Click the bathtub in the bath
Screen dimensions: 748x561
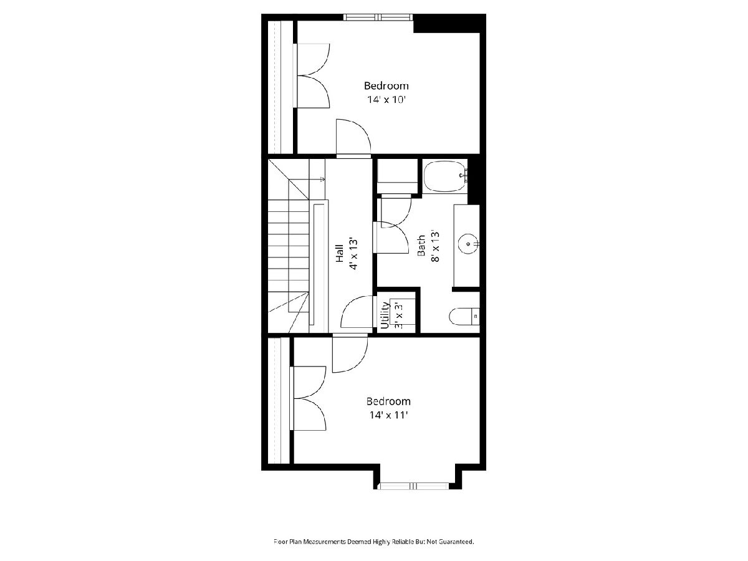(x=444, y=176)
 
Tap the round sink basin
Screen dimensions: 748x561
(x=469, y=244)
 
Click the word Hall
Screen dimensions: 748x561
(x=340, y=254)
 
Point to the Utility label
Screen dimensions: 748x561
(x=385, y=315)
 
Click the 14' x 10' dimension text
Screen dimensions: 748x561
(x=386, y=100)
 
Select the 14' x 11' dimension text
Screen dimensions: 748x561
(x=388, y=415)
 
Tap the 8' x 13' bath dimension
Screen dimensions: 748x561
(x=435, y=247)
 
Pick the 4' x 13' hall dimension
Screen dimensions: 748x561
(x=353, y=254)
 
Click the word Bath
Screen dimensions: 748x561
(x=421, y=245)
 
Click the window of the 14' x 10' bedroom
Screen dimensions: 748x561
(x=378, y=17)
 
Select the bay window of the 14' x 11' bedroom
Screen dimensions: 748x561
(x=415, y=486)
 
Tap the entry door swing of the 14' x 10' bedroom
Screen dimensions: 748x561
(x=353, y=137)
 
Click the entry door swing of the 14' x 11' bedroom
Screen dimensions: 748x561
(x=350, y=354)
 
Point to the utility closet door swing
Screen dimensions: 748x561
(x=357, y=312)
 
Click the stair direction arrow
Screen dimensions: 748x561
(x=317, y=179)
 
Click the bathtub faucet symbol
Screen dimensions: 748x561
(x=464, y=175)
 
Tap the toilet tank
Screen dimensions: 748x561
(x=476, y=317)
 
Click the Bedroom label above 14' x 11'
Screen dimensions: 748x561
(x=388, y=401)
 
